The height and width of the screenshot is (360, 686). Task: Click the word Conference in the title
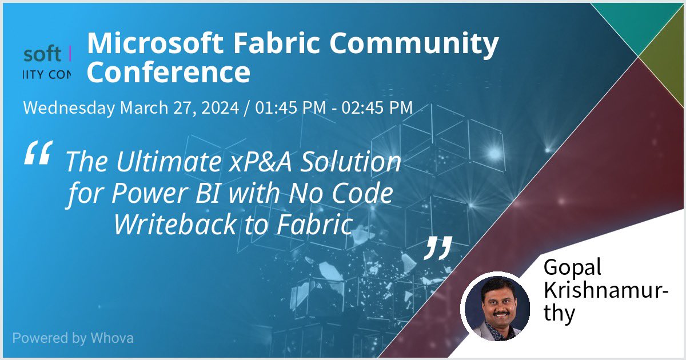[169, 73]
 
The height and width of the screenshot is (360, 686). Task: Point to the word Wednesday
[69, 107]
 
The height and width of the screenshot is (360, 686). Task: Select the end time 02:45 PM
[377, 107]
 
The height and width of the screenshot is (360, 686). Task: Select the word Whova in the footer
[112, 338]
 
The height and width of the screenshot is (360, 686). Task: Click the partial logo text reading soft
[42, 54]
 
